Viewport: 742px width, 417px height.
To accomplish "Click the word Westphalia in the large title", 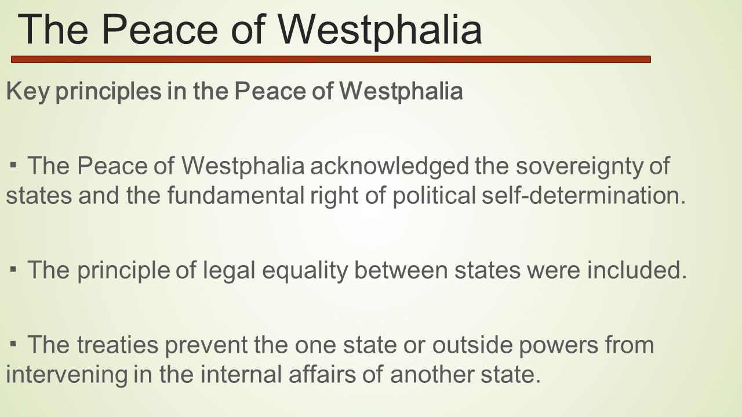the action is [x=380, y=29].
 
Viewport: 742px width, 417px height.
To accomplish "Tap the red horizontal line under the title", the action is [x=331, y=60].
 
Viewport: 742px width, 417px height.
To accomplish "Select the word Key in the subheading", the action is [x=27, y=91].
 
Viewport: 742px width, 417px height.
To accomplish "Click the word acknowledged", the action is [x=390, y=166].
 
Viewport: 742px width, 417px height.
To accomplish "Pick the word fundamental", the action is [x=236, y=195].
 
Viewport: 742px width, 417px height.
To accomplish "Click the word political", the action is [x=434, y=195].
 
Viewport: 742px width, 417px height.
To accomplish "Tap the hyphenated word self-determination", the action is [x=584, y=195].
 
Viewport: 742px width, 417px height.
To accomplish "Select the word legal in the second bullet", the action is [x=229, y=270].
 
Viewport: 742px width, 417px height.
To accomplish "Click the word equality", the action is [x=305, y=270].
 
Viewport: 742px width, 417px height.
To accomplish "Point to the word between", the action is [x=401, y=270].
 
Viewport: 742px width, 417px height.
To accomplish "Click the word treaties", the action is [x=118, y=345].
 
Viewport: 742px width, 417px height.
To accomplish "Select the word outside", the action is [x=472, y=345].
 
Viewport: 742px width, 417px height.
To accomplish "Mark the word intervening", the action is [x=67, y=375].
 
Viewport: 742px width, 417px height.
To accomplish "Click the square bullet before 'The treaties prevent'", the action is [x=13, y=344].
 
